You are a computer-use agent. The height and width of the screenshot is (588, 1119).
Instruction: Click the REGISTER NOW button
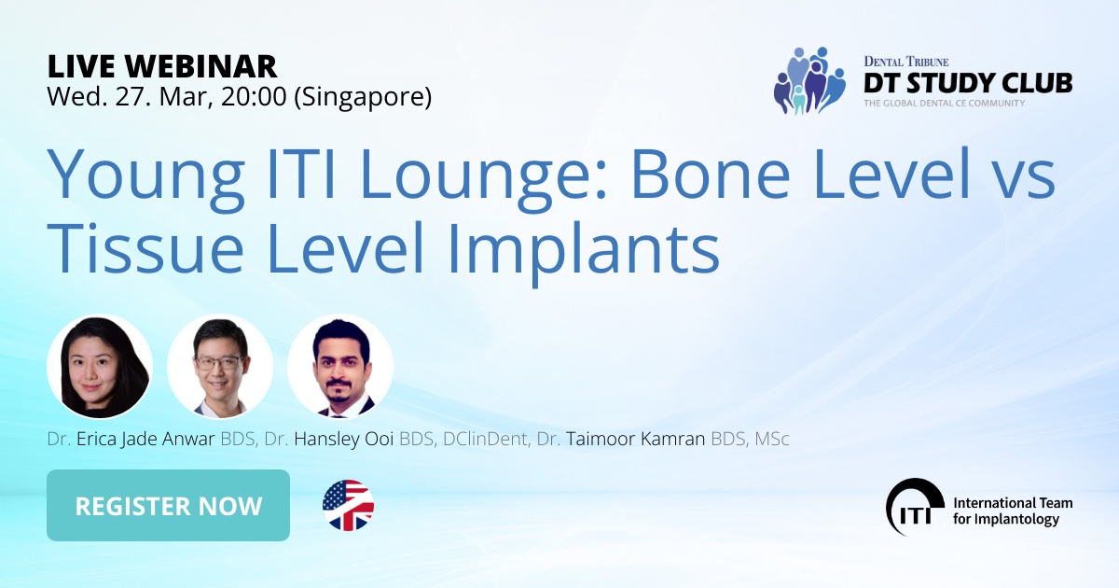click(168, 506)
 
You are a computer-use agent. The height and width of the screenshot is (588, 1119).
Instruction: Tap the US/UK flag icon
click(348, 506)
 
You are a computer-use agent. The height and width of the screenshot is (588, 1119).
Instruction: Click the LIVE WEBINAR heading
click(162, 65)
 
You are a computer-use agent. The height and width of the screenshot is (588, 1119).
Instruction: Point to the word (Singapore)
click(363, 96)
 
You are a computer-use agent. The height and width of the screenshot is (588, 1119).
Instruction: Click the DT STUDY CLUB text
click(968, 82)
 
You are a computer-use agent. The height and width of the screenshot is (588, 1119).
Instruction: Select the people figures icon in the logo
click(808, 80)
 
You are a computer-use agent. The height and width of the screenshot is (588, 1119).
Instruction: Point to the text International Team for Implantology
click(1012, 511)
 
